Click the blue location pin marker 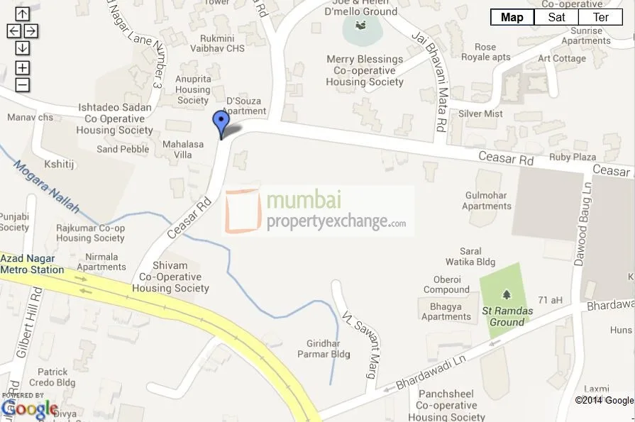tap(221, 123)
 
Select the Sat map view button tap(556, 18)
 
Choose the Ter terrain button tap(601, 18)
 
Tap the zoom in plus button tap(23, 68)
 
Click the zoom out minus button tap(23, 85)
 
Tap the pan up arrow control tap(23, 13)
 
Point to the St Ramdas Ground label tap(503, 316)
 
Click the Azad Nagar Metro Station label tap(32, 265)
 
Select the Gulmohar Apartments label tap(486, 201)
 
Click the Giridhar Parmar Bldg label tap(328, 348)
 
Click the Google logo tap(30, 409)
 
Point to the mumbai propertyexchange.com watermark tap(319, 211)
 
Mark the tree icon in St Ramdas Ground tap(506, 294)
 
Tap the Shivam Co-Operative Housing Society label tap(170, 277)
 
